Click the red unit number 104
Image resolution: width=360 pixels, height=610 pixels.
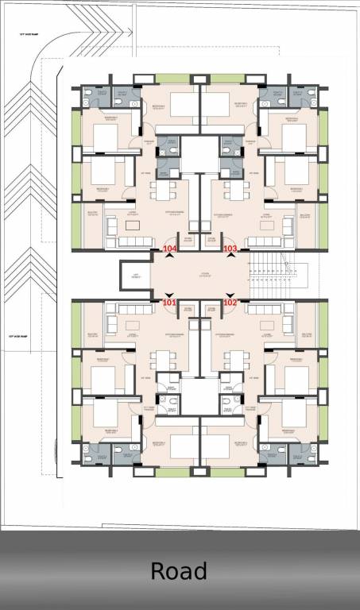point(168,249)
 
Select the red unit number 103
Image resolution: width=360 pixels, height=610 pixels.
point(230,249)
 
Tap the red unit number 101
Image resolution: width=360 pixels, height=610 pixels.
point(168,303)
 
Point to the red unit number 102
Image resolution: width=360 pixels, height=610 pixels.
point(230,303)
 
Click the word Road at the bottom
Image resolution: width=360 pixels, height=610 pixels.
point(179,571)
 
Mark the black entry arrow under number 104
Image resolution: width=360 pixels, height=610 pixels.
point(168,257)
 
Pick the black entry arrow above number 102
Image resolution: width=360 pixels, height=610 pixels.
point(230,295)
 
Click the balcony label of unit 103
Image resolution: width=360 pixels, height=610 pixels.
point(305,216)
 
